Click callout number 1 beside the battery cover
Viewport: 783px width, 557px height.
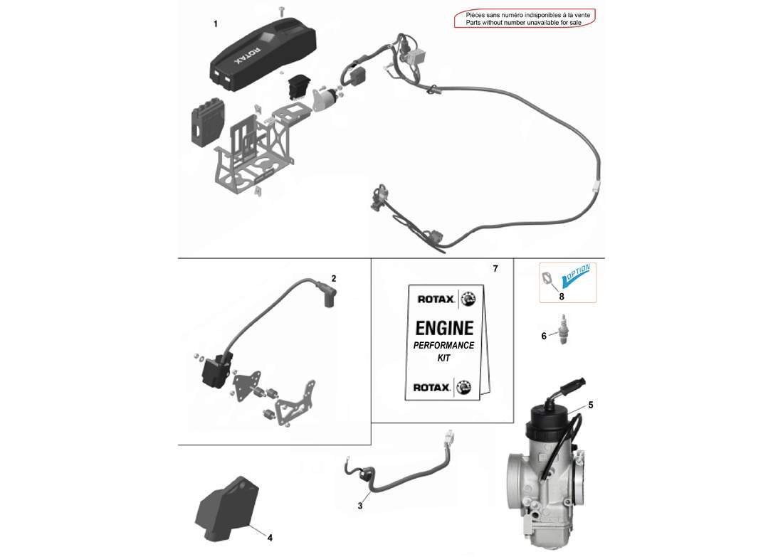216,24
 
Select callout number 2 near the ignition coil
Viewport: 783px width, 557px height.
333,277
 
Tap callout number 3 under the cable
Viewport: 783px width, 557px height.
360,506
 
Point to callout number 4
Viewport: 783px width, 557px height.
270,537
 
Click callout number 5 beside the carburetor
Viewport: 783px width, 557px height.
591,405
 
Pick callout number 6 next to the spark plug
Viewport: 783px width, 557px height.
544,336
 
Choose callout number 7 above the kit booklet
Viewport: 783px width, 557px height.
495,269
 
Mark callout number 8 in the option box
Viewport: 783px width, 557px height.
561,295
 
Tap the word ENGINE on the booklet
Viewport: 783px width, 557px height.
444,328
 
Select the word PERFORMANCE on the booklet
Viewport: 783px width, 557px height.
444,345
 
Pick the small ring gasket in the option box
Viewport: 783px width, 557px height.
547,278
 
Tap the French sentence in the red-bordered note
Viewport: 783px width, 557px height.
527,15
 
